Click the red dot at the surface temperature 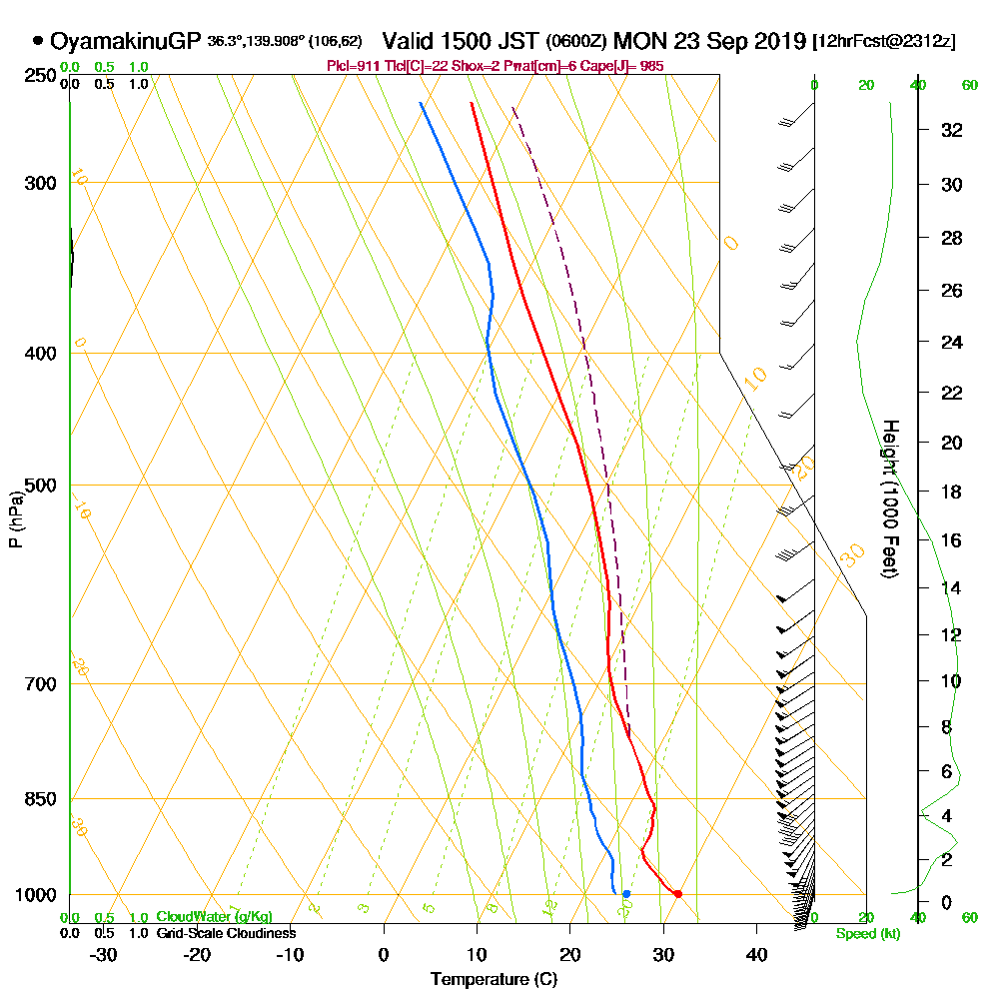click(x=677, y=893)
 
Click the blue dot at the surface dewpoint click(x=626, y=893)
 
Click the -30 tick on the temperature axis click(x=104, y=954)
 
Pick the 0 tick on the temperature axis click(x=384, y=954)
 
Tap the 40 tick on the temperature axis click(x=756, y=954)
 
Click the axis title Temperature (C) click(x=494, y=980)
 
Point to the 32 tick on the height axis click(x=952, y=130)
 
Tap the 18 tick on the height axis click(x=952, y=492)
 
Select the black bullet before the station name click(x=38, y=41)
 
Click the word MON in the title click(x=636, y=41)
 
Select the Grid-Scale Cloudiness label click(x=226, y=933)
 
